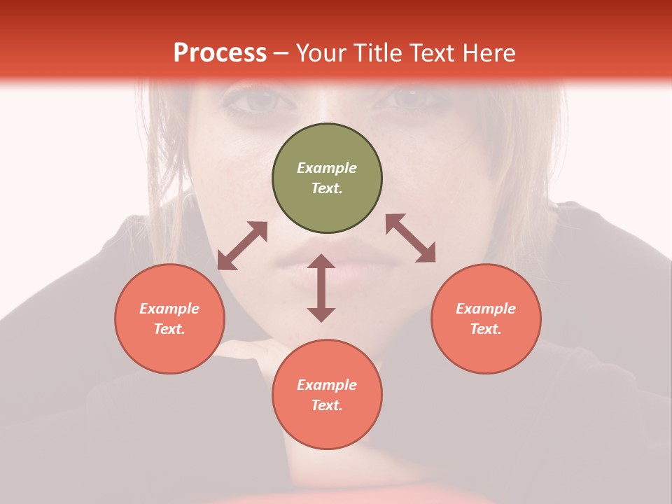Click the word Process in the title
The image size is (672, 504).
click(x=220, y=53)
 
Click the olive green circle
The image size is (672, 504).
click(x=327, y=178)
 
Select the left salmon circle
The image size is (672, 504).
click(x=169, y=318)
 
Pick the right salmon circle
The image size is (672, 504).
click(x=486, y=318)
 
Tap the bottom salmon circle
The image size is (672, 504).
click(x=327, y=394)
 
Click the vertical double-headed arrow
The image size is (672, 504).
click(x=321, y=288)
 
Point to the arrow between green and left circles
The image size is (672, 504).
click(x=242, y=246)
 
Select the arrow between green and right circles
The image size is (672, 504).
click(x=411, y=238)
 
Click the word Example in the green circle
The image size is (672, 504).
click(x=327, y=168)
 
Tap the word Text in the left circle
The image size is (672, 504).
click(x=169, y=329)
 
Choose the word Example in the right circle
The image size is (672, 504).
click(x=486, y=309)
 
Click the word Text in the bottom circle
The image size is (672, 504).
click(x=327, y=405)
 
